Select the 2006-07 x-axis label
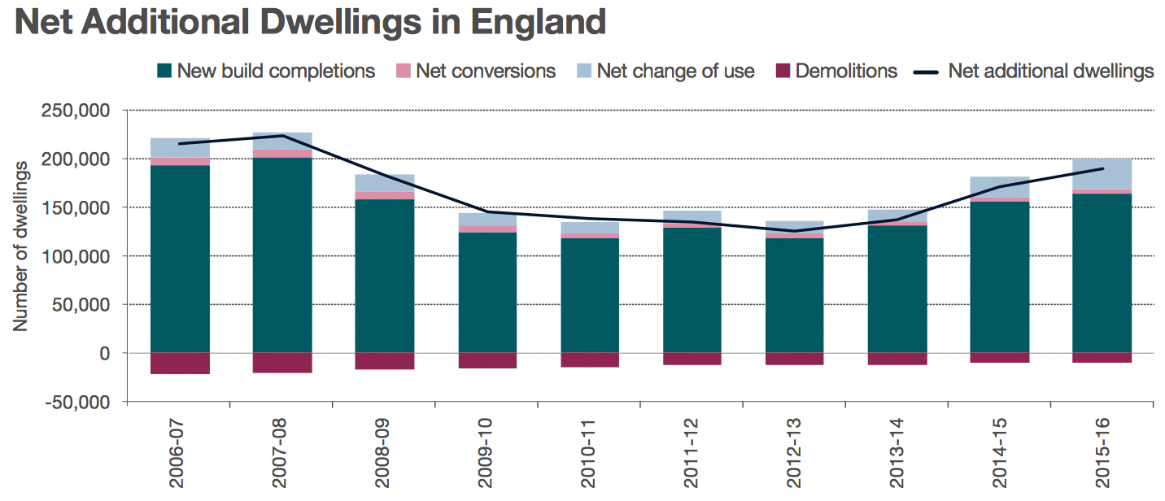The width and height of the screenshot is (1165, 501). coord(180,455)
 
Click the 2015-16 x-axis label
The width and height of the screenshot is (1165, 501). coord(1103,455)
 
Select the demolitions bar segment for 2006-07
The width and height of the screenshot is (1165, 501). coord(180,364)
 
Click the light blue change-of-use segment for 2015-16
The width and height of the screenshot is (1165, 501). coord(1102,173)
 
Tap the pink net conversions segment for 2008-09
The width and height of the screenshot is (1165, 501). coord(384,195)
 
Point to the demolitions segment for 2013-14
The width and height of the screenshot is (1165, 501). coord(897,359)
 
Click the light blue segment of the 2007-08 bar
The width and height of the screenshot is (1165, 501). coord(282,140)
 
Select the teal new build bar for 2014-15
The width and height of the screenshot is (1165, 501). coord(1000,277)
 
